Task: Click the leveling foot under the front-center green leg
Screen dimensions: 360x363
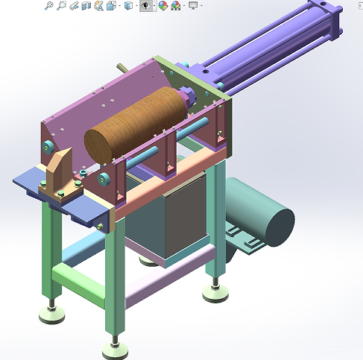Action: (x=113, y=347)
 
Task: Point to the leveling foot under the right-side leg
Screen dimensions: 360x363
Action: (x=215, y=293)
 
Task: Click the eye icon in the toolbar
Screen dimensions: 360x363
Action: (x=146, y=6)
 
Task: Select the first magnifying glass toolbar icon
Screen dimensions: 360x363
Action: (x=49, y=6)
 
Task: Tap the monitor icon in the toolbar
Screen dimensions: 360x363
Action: (x=193, y=6)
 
